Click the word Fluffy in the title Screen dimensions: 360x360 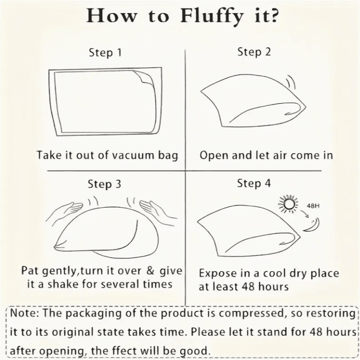point(211,17)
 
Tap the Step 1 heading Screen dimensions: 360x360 point(105,53)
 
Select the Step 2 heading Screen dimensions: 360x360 point(254,52)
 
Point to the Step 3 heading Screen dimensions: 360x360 point(104,184)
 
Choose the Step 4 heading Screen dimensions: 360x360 point(254,184)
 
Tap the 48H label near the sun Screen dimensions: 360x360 point(313,206)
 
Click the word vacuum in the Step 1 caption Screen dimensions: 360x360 point(134,156)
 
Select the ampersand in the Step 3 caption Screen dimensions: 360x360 point(150,271)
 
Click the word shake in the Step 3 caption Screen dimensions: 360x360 point(63,284)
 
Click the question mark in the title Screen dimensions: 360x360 point(273,16)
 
